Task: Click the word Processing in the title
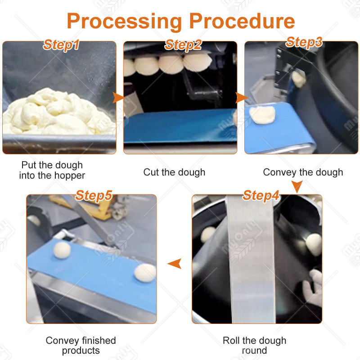(124, 22)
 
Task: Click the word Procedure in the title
(242, 21)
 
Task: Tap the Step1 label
(61, 45)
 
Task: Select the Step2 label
(183, 45)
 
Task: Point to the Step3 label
(304, 42)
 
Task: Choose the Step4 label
(261, 196)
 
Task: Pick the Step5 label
(94, 196)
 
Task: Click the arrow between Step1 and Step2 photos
(118, 98)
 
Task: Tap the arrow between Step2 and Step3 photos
(241, 98)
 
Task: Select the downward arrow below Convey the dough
(297, 186)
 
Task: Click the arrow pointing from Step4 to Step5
(175, 263)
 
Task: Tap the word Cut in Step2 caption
(151, 172)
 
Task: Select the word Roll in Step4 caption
(231, 341)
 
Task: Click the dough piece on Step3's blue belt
(262, 115)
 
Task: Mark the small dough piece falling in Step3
(298, 79)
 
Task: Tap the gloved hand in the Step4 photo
(313, 288)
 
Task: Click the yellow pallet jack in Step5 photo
(92, 207)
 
